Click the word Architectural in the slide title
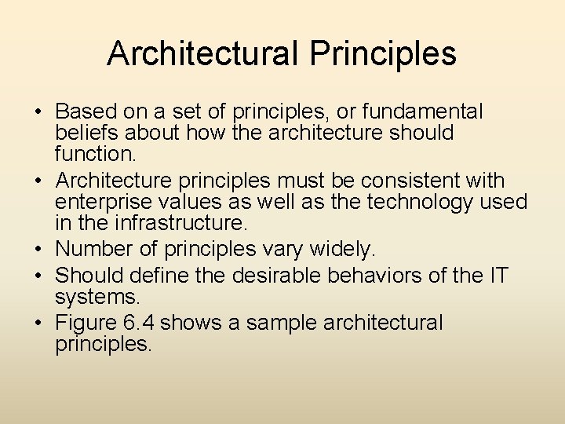click(x=202, y=53)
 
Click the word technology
click(x=408, y=203)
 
